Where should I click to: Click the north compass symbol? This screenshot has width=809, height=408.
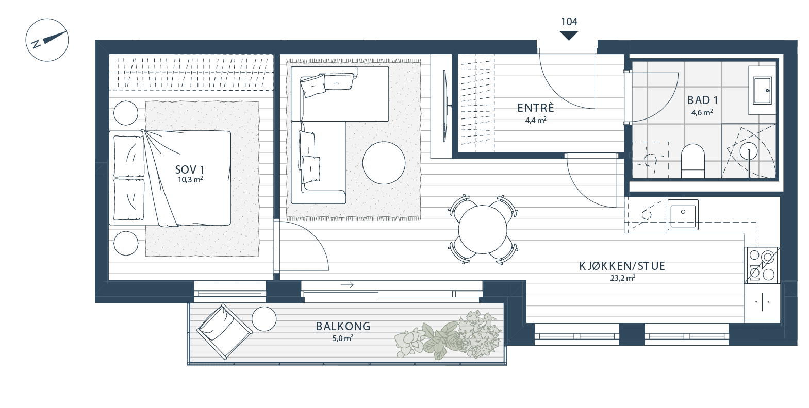47,40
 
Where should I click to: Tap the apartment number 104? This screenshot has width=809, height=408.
569,22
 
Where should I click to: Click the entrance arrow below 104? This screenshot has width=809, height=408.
569,36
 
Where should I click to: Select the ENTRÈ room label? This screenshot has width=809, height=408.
536,108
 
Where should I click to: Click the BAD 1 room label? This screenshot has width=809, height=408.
702,100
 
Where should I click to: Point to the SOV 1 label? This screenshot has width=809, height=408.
190,169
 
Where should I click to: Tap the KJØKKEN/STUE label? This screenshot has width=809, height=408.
622,266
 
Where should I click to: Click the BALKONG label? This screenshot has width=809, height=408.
343,327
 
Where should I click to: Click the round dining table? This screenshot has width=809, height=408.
483,229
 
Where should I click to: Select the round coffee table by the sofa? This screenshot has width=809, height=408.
384,163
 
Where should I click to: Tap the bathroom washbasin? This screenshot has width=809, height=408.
763,91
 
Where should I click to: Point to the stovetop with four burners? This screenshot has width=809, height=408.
761,265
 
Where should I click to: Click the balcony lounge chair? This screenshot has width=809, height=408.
224,331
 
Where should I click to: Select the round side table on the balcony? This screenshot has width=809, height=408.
264,319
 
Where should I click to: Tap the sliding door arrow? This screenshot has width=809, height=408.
347,285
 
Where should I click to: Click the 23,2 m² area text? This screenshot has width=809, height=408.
622,278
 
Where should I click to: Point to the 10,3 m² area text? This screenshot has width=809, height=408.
190,180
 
